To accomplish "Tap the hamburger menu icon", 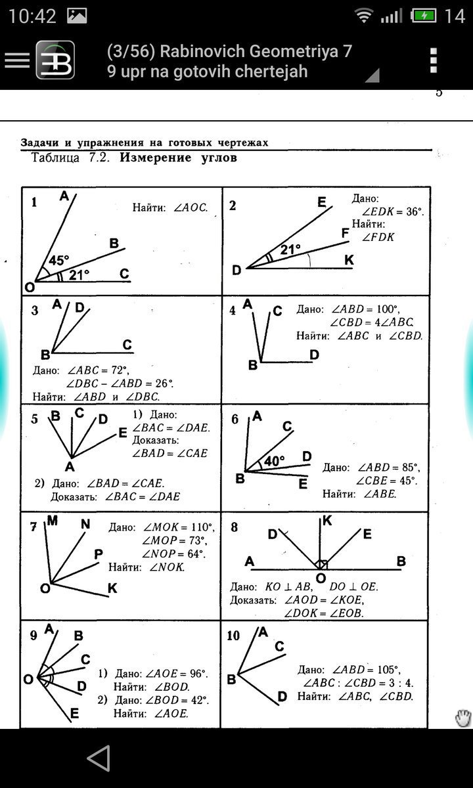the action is coord(17,60).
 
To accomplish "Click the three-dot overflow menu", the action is coord(434,60).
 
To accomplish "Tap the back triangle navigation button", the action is coord(99,758).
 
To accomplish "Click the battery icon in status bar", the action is coord(423,16).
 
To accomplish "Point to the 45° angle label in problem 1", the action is coord(58,260).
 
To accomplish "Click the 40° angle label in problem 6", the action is coord(275,460).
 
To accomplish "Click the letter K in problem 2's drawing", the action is coord(349,259).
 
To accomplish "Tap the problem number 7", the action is coord(33,527).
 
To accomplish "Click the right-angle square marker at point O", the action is coord(322,564).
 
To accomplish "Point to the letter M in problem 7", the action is coord(53,520).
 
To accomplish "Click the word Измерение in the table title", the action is coord(155,157).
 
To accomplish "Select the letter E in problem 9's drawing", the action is coord(74,713).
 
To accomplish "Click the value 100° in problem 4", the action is coord(387,309).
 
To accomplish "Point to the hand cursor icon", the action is coord(463,718).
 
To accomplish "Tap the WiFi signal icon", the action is coord(363,16).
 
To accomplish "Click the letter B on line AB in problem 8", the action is coord(401,561).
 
